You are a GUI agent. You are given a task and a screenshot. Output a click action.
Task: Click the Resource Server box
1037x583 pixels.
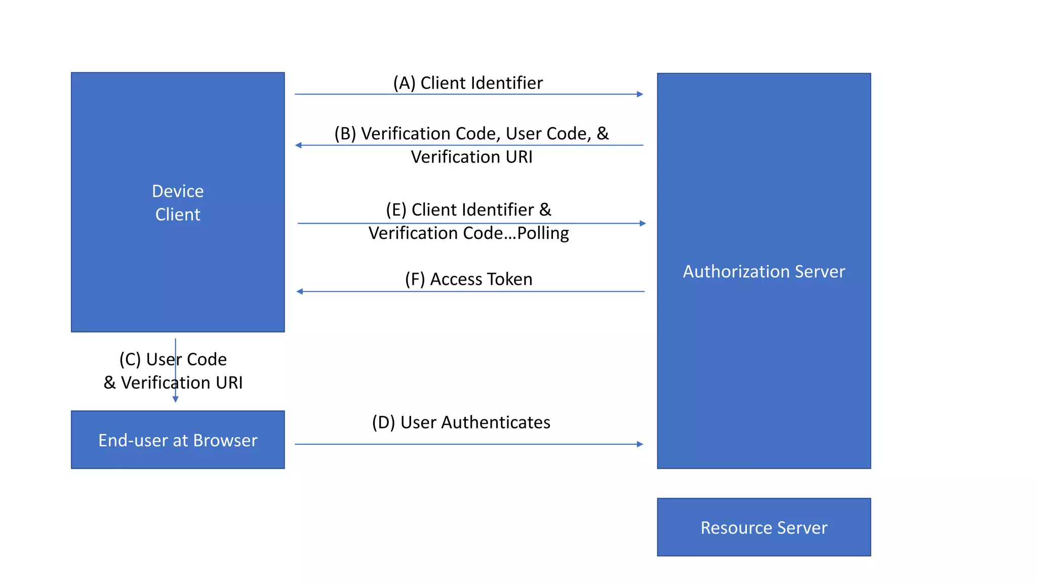coord(764,527)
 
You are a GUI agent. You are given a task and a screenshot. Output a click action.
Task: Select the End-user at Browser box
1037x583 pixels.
coord(178,440)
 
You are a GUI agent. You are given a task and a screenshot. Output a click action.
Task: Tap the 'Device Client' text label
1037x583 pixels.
coord(178,202)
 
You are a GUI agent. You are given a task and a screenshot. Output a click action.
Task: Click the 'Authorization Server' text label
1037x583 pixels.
coord(764,272)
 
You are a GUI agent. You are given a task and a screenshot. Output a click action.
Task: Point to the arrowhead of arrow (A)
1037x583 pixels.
coord(640,94)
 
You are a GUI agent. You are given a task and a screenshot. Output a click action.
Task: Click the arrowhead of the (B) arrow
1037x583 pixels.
coord(299,145)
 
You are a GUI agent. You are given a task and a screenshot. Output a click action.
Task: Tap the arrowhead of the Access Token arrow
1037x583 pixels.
coord(300,291)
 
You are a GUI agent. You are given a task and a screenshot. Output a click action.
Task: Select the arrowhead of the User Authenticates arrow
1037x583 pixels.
coord(640,444)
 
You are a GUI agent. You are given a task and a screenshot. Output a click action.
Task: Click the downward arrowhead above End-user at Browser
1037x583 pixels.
coord(176,399)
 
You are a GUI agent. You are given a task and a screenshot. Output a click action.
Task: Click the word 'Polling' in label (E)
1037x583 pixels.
coord(543,233)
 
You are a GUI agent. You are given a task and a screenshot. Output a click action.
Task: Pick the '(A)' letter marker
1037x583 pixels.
coord(404,83)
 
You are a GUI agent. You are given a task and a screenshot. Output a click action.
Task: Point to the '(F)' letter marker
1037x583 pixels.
coord(415,279)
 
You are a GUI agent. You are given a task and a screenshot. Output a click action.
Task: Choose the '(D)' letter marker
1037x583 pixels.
coord(383,423)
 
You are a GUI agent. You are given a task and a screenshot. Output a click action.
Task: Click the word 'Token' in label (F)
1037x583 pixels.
coord(508,279)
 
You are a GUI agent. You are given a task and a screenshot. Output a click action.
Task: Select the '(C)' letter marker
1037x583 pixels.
coord(130,359)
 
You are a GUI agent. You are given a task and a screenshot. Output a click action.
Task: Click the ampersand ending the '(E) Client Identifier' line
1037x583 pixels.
coord(545,210)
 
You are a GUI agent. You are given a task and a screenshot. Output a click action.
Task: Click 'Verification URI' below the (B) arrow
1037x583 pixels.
coord(471,157)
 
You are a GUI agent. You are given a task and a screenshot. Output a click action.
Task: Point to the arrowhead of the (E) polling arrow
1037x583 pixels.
coord(643,223)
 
